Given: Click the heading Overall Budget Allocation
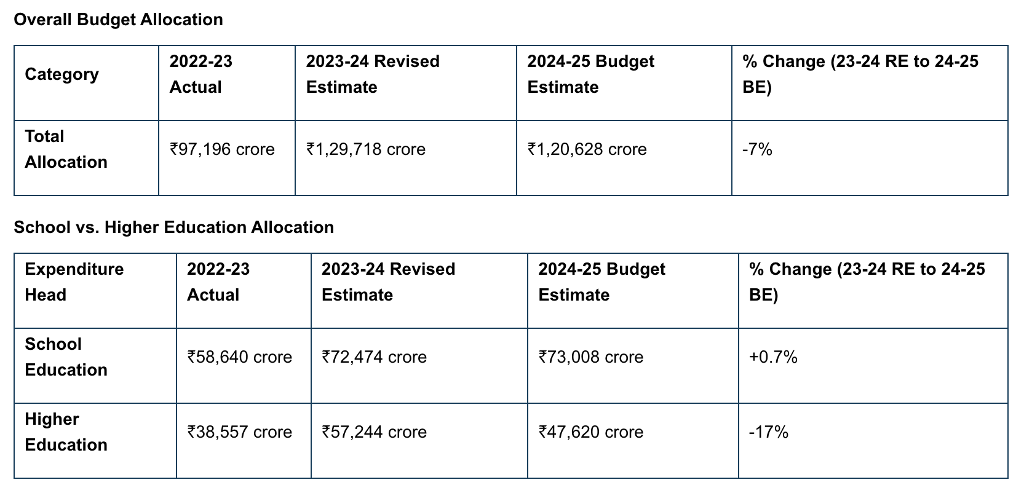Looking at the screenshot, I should (118, 20).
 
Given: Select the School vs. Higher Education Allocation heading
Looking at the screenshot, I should (173, 227).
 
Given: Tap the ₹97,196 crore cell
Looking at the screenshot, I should (222, 149).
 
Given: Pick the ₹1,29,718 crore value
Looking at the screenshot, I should (366, 149).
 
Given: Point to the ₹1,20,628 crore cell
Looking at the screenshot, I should (587, 149).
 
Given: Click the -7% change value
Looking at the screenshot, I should (757, 149).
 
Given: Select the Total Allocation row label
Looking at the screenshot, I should (66, 149).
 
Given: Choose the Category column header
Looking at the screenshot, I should (62, 74).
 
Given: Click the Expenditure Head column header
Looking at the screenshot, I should (74, 282).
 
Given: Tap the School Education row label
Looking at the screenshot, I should (66, 357).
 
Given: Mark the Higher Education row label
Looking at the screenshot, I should (66, 432).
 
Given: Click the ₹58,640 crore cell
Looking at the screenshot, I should (239, 357).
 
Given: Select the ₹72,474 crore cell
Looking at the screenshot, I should (374, 357).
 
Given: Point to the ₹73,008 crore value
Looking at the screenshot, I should (590, 357).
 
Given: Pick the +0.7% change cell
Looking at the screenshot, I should (773, 357).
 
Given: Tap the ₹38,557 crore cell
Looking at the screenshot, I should (239, 432).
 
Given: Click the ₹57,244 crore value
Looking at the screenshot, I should (374, 432).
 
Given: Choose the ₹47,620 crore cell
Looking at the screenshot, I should (590, 432).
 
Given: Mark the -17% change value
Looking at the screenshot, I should (768, 432).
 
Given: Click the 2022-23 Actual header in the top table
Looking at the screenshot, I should (201, 74).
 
